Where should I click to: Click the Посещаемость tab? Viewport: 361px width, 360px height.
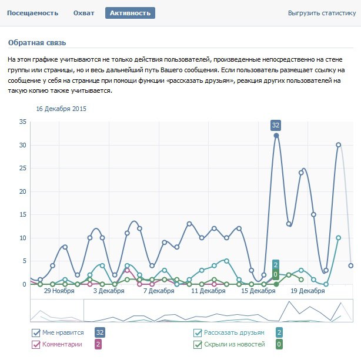coord(33,12)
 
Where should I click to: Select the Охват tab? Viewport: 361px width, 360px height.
coord(84,12)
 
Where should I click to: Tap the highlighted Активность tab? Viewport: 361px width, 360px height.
coord(130,12)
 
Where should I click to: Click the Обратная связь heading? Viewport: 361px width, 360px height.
coord(36,43)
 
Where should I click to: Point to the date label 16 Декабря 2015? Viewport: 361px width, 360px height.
coord(61,109)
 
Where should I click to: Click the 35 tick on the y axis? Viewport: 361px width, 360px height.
coord(23,122)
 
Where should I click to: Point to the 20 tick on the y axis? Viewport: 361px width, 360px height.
coord(23,191)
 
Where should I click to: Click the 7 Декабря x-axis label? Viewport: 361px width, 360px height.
coord(160,291)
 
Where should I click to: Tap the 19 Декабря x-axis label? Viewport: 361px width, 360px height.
coord(308,291)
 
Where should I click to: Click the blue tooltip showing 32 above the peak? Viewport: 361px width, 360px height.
coord(276,125)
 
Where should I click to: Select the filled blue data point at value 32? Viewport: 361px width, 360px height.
coord(276,136)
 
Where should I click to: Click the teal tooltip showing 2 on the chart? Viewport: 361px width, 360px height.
coord(276,264)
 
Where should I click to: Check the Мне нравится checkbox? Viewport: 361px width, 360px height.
coord(36,332)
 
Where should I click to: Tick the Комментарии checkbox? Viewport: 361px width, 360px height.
coord(36,344)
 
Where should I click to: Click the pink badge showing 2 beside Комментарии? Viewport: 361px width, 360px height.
coord(98,344)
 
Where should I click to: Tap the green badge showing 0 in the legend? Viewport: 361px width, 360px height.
coord(279,344)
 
